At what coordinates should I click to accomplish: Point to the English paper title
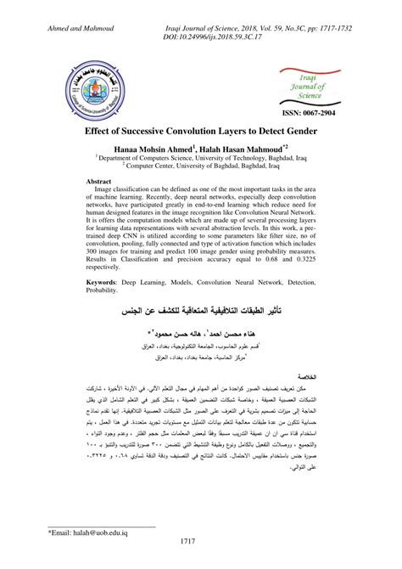click(201, 133)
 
